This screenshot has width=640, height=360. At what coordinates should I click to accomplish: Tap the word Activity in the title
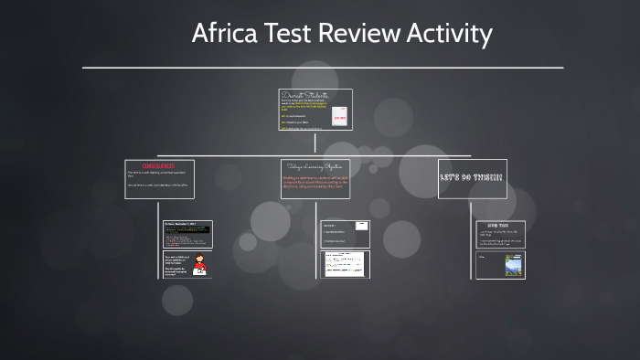point(448,35)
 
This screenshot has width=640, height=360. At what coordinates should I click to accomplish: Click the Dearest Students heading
point(304,94)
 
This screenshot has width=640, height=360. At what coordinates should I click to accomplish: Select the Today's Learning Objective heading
point(315,166)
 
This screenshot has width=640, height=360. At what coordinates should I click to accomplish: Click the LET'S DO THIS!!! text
point(472,176)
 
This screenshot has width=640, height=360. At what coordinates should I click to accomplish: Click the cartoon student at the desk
point(199,266)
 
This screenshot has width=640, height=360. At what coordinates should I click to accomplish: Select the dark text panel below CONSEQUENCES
point(187,234)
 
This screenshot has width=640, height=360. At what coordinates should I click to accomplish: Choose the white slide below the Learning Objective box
point(345,234)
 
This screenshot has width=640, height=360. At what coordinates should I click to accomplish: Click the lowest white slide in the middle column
point(345,265)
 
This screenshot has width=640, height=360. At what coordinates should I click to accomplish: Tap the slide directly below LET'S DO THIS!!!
point(500,234)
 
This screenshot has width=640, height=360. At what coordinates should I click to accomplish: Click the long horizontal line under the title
point(323,68)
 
